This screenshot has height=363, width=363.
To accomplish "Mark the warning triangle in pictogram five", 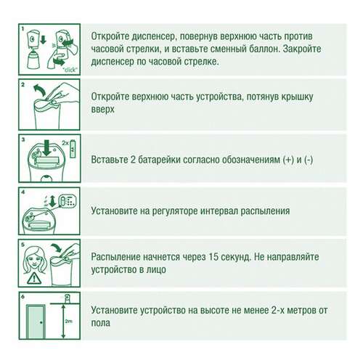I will (x=33, y=277).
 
